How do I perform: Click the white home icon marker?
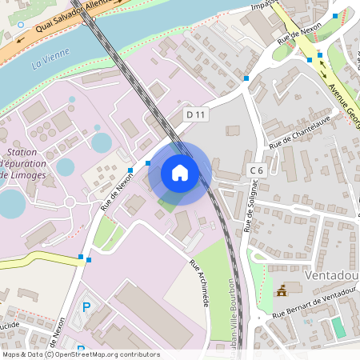[180, 172]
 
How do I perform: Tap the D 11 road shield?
[196, 115]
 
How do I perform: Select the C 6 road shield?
[257, 170]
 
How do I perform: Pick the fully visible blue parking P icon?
[86, 307]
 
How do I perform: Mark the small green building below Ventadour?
[339, 327]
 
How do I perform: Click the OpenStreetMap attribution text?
[81, 354]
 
